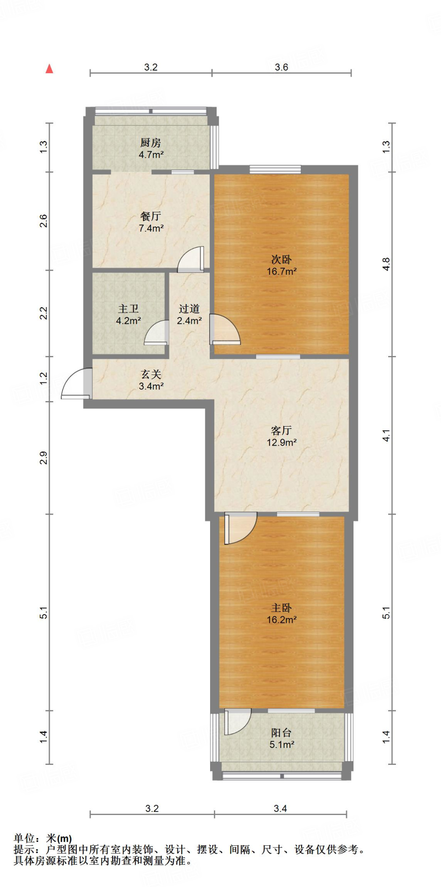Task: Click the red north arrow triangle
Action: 49,68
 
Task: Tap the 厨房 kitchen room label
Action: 150,142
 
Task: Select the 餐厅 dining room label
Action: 151,216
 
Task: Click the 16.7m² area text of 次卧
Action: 282,272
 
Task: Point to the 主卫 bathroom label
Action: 128,309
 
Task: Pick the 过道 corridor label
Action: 189,309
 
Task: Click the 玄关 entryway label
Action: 151,374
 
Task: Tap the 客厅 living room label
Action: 281,431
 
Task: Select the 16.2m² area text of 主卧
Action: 282,620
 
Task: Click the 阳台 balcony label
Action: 281,732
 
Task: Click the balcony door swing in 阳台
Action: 237,721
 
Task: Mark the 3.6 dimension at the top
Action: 282,67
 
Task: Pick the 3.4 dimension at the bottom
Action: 280,808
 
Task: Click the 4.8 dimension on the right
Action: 386,264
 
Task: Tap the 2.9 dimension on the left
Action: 43,458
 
